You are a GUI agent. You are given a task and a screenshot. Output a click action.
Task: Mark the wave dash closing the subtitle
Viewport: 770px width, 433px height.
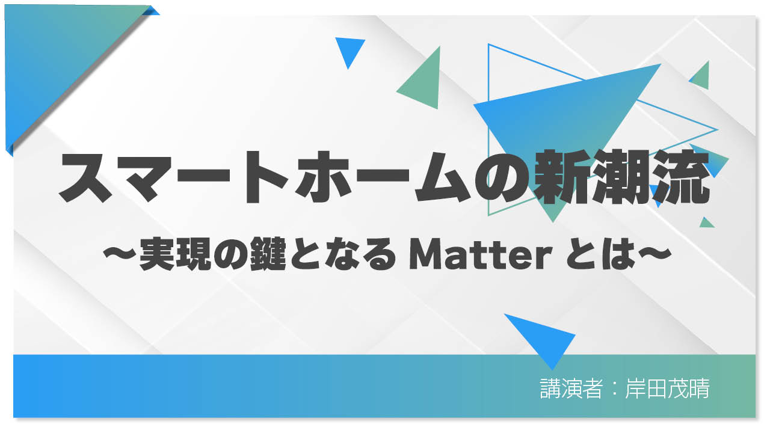[x=650, y=257]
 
